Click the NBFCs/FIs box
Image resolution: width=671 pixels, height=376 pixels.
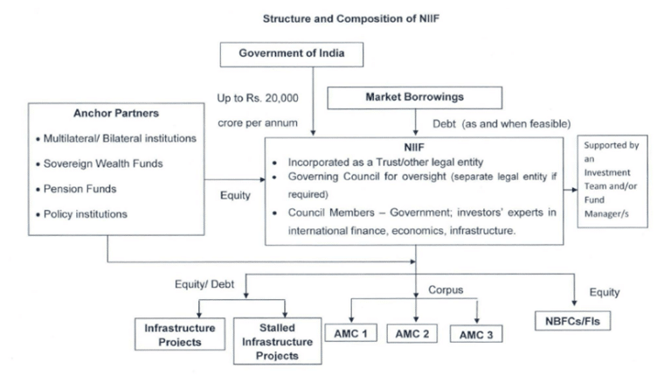[x=573, y=320]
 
